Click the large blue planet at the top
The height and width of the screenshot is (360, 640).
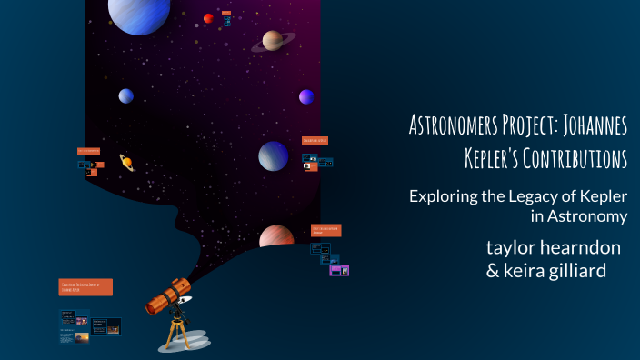pos(138,14)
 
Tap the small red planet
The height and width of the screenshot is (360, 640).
pos(208,18)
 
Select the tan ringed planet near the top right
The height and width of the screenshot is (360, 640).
pos(273,41)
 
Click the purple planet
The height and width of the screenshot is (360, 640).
pos(306,96)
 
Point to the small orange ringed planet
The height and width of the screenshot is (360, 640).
pos(127,162)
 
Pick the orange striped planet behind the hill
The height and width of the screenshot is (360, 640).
pos(275,237)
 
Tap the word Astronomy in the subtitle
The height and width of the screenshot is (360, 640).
pos(588,216)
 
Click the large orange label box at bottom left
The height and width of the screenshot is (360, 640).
pos(85,287)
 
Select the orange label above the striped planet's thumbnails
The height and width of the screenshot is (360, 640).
pos(325,230)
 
